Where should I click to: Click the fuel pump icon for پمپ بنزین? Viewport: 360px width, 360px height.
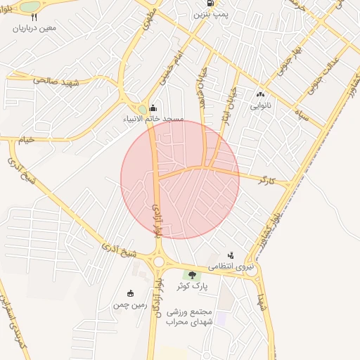point(209,3)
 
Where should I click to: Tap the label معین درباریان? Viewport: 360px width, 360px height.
point(34,28)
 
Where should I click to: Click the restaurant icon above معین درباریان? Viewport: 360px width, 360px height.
point(34,16)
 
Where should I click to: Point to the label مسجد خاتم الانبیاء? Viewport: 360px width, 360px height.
point(153,120)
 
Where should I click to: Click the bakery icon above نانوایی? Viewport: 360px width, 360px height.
point(261,94)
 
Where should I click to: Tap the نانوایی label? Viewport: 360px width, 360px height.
point(261,106)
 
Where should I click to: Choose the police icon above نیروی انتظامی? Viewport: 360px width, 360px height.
point(230,255)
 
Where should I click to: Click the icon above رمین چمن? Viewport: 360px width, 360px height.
point(129,293)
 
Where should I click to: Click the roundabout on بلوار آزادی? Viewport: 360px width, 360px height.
point(157,262)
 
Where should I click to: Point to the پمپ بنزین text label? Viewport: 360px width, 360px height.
point(210,14)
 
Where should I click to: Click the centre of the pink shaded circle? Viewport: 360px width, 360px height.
point(180,179)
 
